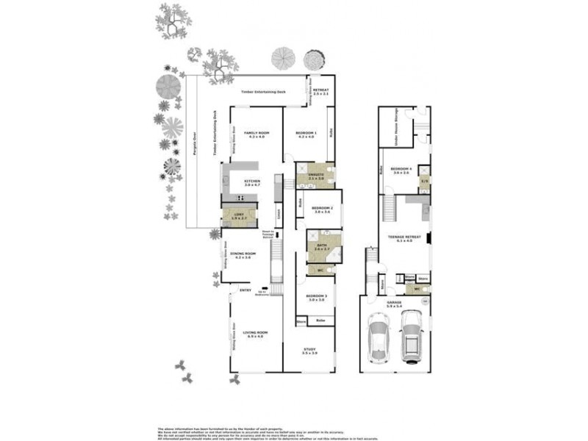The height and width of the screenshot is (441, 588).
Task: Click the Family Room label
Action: (x=256, y=132)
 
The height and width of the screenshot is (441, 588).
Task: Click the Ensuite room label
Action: (x=316, y=175)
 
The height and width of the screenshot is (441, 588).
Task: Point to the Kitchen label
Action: (x=252, y=181)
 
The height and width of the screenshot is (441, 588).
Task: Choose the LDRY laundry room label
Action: (x=237, y=215)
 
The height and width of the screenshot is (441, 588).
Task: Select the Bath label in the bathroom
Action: (x=321, y=246)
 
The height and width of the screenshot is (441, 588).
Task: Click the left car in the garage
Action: (x=380, y=341)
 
